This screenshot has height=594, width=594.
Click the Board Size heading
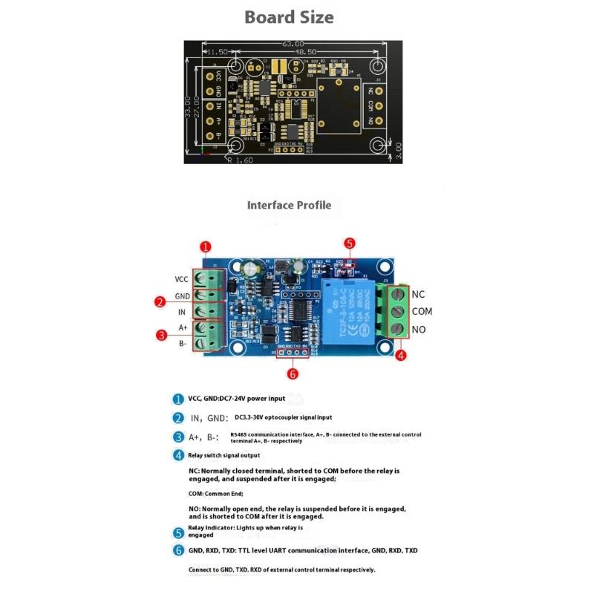pos(289,16)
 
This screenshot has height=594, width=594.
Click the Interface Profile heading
pos(289,205)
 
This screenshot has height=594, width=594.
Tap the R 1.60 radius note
pos(241,159)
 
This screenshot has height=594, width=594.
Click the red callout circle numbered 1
pos(206,247)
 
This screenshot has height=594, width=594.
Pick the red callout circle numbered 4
pos(401,356)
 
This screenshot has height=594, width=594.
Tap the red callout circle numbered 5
pos(350,243)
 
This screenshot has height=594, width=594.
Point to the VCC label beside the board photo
pos(181,279)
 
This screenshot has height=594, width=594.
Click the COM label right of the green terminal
pos(422,311)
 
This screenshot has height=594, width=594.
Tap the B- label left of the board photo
pos(183,343)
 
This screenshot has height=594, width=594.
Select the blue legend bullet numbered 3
pos(178,437)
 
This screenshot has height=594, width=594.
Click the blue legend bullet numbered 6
pos(178,550)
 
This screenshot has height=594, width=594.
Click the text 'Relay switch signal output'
pos(224,455)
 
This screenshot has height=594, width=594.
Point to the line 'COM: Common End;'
pos(216,493)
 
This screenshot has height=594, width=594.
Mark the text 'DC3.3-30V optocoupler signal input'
pos(283,417)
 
